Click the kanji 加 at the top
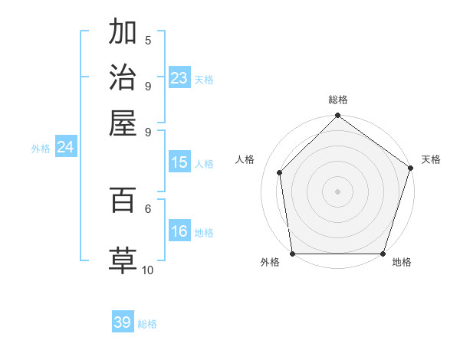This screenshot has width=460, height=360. coord(123,33)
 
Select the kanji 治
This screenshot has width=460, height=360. coord(123,77)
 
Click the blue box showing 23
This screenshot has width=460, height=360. coord(179,78)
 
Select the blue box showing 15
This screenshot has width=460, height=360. coord(179,162)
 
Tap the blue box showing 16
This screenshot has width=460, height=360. coord(179,232)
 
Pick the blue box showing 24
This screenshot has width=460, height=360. coord(65,148)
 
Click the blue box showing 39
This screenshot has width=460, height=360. coord(123,322)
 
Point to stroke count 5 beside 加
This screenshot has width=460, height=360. coord(148,41)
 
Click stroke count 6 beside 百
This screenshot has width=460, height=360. coord(148,208)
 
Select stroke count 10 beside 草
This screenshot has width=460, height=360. coord(148,270)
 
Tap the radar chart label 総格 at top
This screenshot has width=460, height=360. coord(338,100)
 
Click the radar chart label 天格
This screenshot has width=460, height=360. coord(431,159)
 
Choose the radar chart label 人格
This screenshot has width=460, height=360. coord(245,159)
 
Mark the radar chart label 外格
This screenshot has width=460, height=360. coord(270,262)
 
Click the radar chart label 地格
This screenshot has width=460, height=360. coord(402,262)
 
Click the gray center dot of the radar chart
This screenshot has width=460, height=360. coord(337,191)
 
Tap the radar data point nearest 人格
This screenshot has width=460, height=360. coord(280,172)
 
